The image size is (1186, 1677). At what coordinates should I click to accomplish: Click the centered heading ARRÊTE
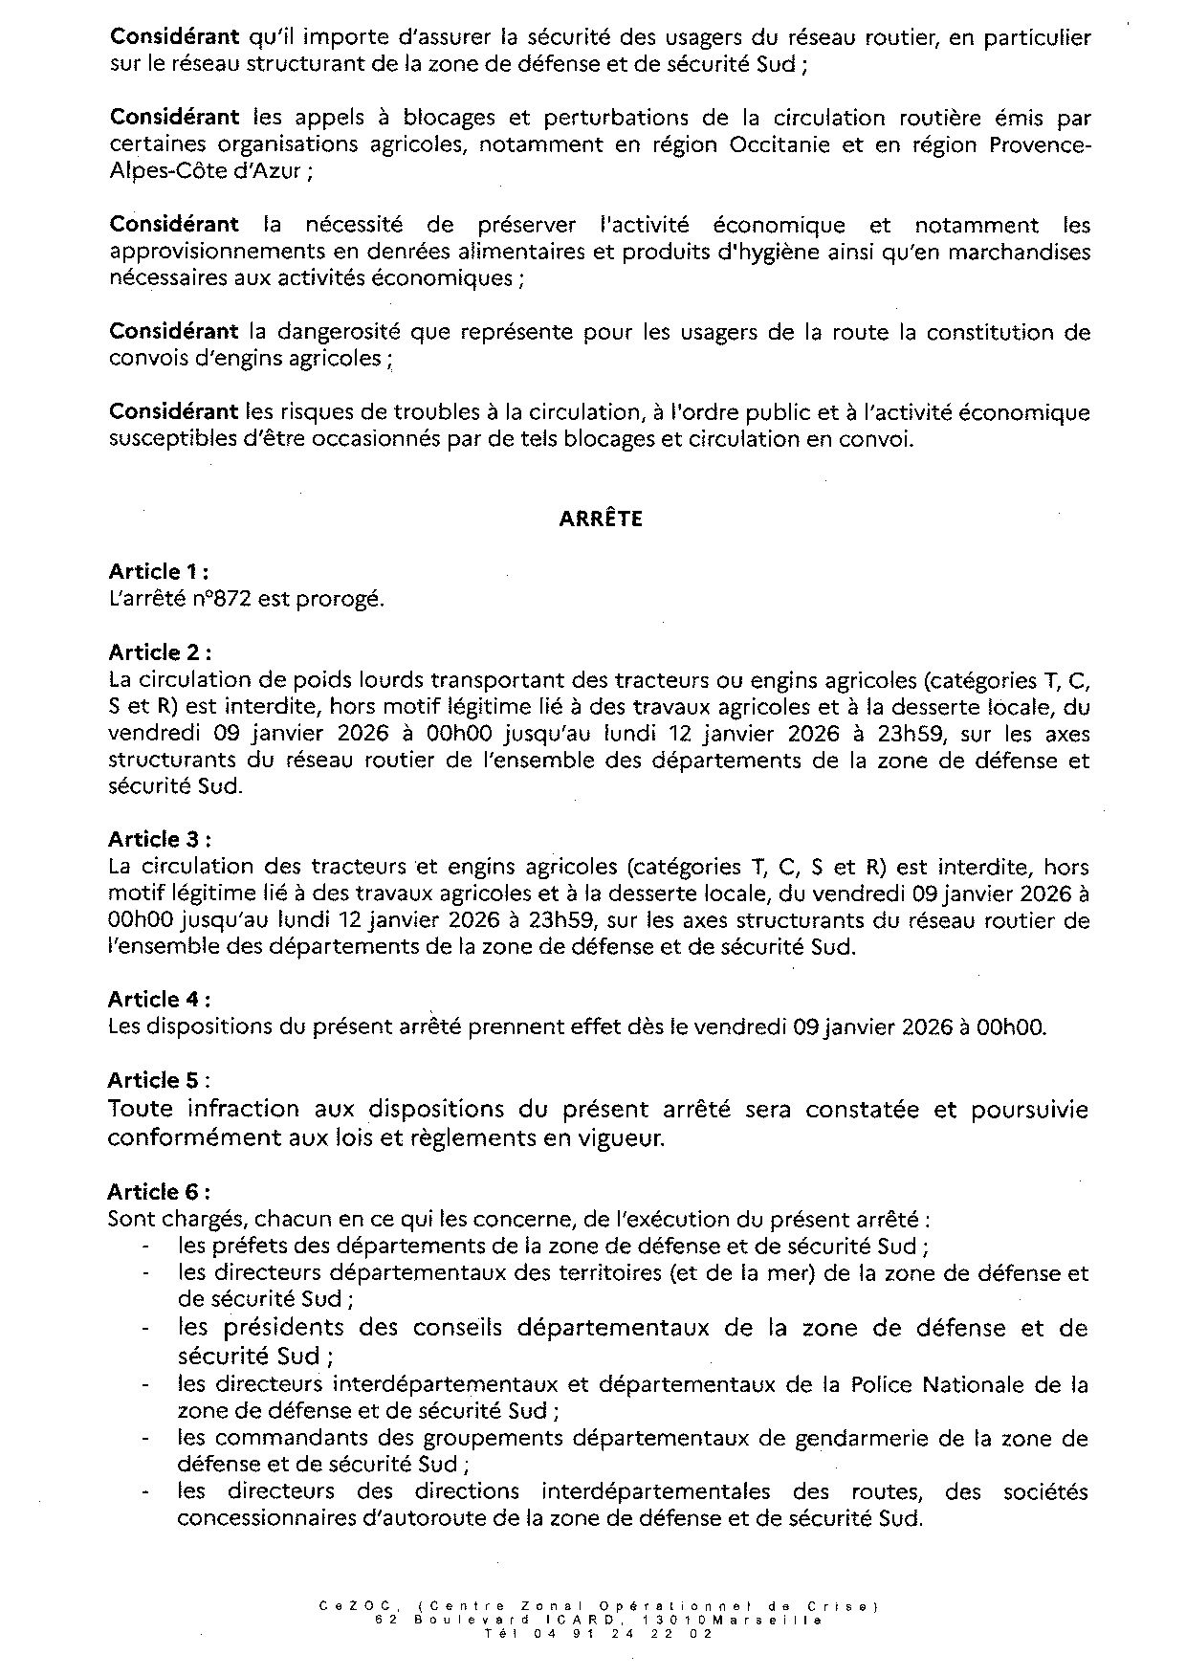(601, 519)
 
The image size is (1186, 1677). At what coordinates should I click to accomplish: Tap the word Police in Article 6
(881, 1384)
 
